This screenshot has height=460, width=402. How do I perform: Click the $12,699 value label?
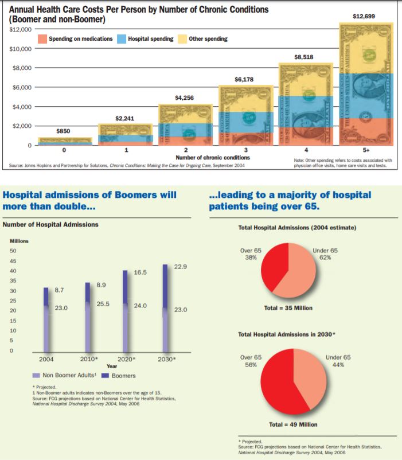pos(365,16)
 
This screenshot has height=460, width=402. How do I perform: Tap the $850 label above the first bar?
pos(63,131)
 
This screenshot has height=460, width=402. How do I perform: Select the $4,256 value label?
pos(185,98)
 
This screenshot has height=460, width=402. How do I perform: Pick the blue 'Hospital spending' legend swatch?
pos(122,39)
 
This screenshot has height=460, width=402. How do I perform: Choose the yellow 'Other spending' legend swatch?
pos(182,39)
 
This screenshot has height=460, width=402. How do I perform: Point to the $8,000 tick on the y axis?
pos(21,68)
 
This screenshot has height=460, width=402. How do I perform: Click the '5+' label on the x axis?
pos(365,150)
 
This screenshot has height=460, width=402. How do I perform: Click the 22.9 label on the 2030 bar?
pos(181,267)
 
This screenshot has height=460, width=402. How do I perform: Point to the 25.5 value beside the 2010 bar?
pos(103,303)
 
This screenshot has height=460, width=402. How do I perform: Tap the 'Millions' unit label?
pos(19,241)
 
